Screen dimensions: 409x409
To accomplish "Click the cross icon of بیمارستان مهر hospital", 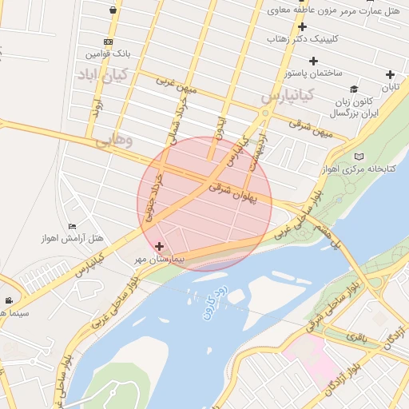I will (x=160, y=246).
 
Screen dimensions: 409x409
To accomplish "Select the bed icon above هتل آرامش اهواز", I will (x=73, y=226).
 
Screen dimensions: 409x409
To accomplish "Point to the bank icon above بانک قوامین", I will (x=108, y=42).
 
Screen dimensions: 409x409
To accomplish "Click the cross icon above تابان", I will (x=390, y=74).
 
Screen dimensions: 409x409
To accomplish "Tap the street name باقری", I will (x=357, y=337).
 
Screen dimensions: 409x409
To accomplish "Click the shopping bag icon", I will (x=113, y=10).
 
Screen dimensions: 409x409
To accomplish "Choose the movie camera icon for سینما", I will (x=9, y=301).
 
